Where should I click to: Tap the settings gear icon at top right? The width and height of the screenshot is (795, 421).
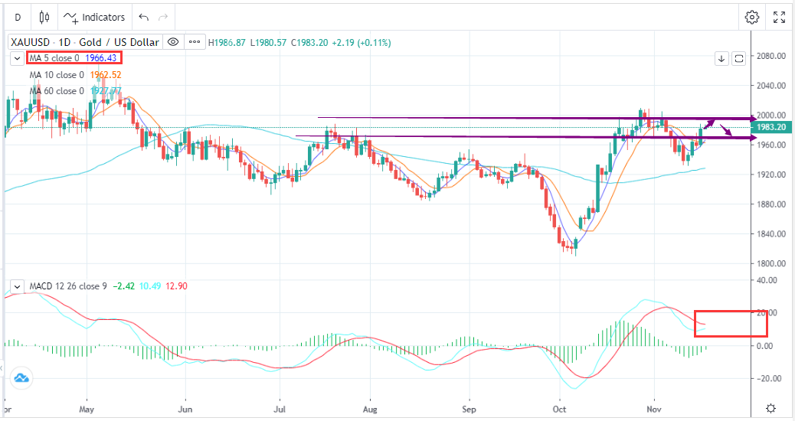click(752, 17)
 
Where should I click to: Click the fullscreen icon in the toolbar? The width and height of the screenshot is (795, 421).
click(779, 17)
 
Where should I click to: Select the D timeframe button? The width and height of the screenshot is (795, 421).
click(18, 17)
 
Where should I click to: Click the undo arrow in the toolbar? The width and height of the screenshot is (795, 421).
click(143, 17)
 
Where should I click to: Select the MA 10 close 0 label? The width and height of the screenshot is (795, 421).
click(57, 75)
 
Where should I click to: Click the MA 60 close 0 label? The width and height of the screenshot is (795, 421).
click(57, 91)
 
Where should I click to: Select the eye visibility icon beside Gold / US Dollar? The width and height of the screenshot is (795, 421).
click(173, 42)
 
